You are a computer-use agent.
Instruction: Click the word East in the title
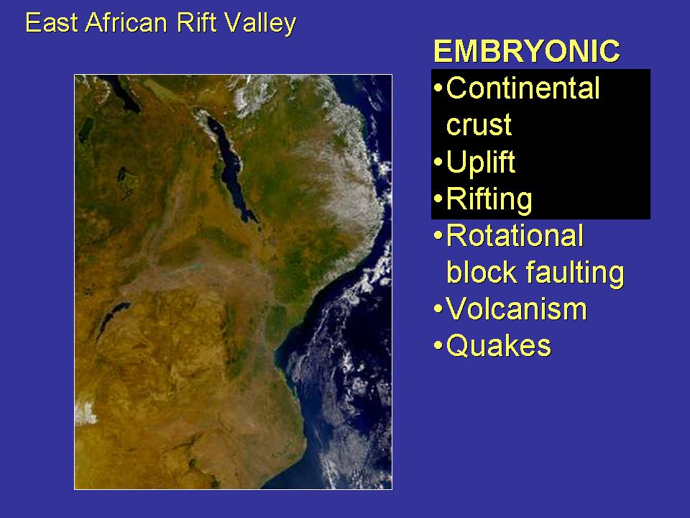(52, 22)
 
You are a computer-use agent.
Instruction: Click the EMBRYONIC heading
(527, 51)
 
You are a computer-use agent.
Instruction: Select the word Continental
(523, 88)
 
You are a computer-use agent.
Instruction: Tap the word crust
(479, 124)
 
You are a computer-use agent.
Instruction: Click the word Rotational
(515, 236)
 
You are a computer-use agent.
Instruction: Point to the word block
(482, 272)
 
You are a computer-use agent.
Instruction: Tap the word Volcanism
(517, 309)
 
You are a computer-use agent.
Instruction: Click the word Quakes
(499, 346)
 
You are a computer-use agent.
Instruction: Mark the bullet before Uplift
(438, 162)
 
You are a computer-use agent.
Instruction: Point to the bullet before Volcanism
(438, 309)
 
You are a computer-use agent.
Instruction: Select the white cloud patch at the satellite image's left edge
(86, 414)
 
